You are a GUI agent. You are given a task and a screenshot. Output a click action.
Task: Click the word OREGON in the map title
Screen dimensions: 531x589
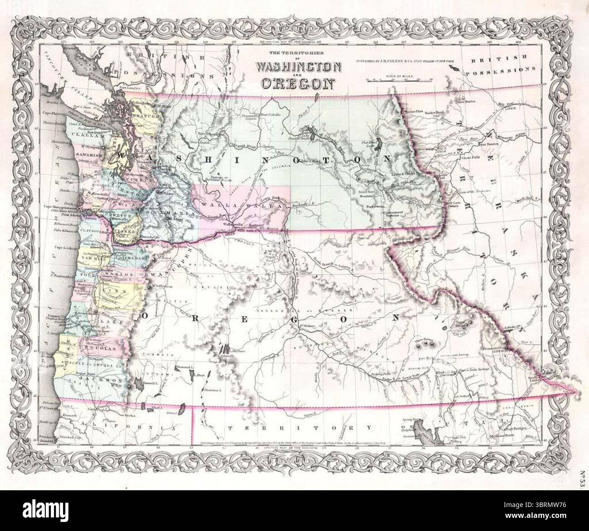click(x=298, y=83)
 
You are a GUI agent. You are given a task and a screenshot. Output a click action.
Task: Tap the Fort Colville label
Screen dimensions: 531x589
click(x=272, y=116)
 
